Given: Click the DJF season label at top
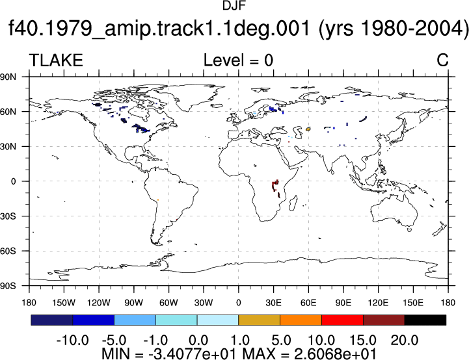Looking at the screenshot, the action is [234, 5].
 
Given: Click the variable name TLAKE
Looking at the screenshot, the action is [56, 60].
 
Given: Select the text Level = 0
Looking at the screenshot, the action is [238, 60].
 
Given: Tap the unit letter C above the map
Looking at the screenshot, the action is [442, 60].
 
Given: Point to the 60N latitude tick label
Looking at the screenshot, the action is [8, 112].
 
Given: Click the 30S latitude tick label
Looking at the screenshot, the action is [8, 216].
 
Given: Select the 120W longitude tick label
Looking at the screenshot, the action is [99, 303].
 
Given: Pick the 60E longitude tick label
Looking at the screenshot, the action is [308, 303].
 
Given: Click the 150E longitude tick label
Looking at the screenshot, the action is [413, 303].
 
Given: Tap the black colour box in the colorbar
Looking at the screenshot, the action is [425, 320].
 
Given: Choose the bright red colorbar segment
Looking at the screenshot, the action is [342, 320].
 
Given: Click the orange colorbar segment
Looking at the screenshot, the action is [301, 320].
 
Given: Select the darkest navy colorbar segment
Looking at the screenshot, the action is [52, 320].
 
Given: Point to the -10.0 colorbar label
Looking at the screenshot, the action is [72, 340].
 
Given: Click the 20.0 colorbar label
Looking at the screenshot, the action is [405, 340].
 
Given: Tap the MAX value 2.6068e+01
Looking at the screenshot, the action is [335, 354].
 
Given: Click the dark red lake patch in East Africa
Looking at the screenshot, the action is [275, 185].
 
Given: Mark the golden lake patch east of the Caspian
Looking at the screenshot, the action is [309, 129].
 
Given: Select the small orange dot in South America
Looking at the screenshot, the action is [157, 200].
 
